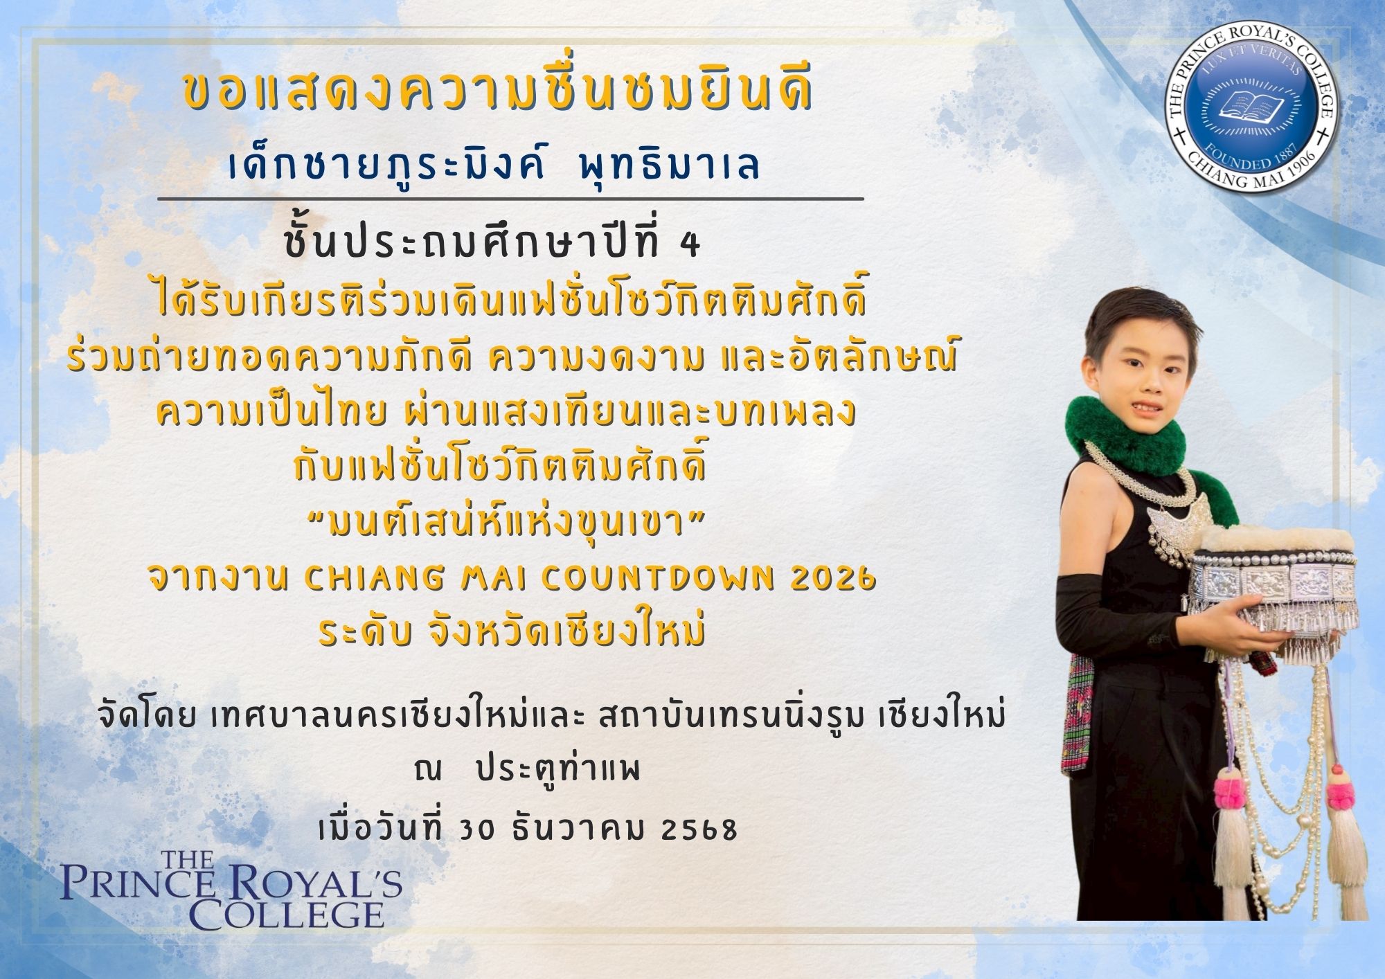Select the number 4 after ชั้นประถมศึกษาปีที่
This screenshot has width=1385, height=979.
[x=690, y=247]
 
